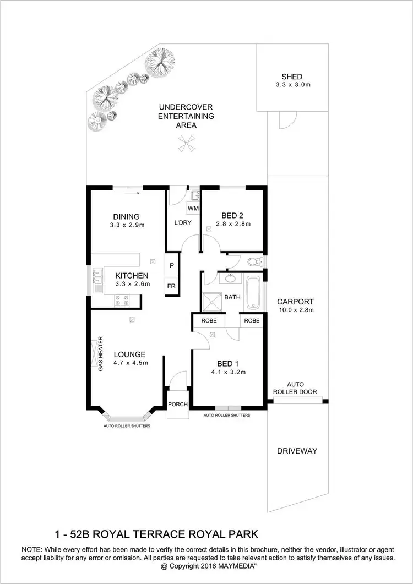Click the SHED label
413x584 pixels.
click(292, 77)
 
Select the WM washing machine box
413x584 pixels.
click(193, 209)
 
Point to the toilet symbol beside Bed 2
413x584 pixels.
click(254, 261)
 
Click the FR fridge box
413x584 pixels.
click(172, 287)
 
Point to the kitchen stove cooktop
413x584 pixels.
click(121, 301)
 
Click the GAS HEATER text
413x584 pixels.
click(101, 354)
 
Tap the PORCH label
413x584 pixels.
click(178, 405)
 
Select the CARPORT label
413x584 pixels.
click(295, 302)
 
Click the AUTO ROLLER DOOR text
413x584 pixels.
click(296, 388)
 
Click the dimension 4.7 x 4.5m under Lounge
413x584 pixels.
click(131, 363)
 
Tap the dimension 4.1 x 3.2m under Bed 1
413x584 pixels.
click(227, 372)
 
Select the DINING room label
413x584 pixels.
click(127, 216)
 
